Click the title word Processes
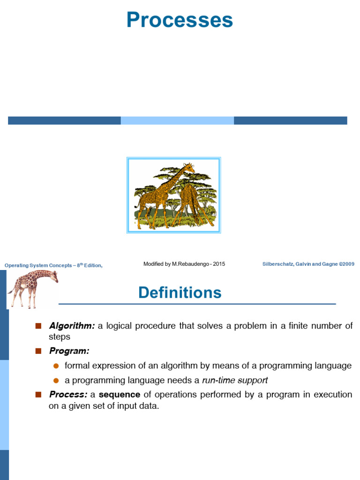click(x=180, y=20)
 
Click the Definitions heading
click(x=180, y=293)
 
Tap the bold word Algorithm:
click(x=72, y=326)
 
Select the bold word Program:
click(x=69, y=351)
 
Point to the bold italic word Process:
click(x=68, y=395)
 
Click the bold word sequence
click(x=120, y=395)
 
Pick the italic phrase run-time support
click(x=235, y=380)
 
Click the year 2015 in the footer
click(x=218, y=264)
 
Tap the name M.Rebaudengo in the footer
click(x=190, y=264)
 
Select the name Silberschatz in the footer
click(x=278, y=264)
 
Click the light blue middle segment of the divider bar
click(x=177, y=120)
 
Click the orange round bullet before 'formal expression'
click(x=56, y=366)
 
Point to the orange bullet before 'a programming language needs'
click(x=56, y=380)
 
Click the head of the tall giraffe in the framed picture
click(x=190, y=167)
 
